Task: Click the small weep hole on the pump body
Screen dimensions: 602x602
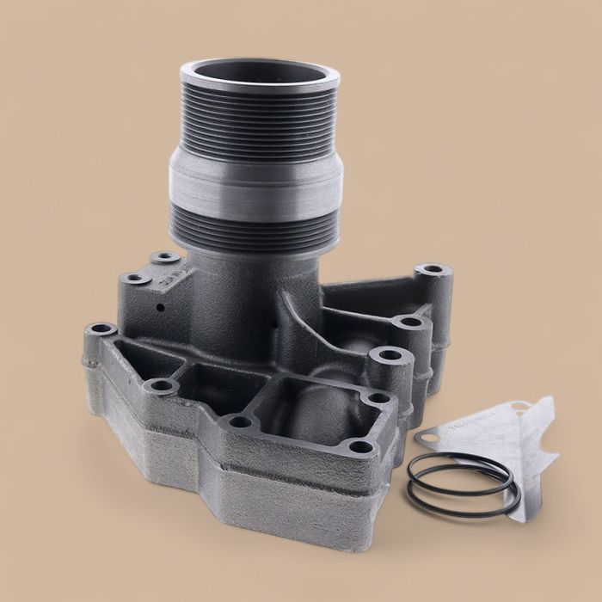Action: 161,305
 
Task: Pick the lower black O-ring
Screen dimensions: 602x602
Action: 464,504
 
